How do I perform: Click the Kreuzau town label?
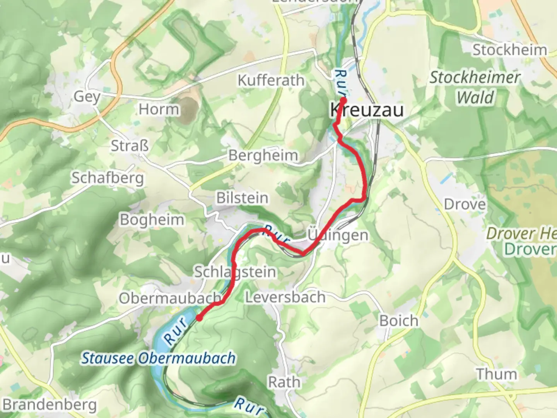pos(366,110)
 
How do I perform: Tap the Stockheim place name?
pos(509,50)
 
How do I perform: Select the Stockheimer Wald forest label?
pos(475,87)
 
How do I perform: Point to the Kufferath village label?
pos(271,81)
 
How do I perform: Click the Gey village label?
pos(87,96)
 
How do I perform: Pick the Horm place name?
pos(159,110)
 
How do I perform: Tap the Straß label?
pos(130,146)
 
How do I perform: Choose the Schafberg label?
pos(108,178)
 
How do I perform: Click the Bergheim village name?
pos(263,156)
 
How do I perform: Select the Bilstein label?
pos(242,198)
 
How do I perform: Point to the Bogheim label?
pos(152,220)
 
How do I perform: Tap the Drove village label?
pos(465,204)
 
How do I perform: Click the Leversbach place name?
pos(285,297)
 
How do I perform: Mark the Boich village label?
pos(399,321)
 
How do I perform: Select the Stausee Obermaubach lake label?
pos(158,358)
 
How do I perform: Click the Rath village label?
pos(284,382)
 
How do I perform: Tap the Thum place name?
pos(496,374)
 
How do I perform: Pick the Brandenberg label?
pos(50,405)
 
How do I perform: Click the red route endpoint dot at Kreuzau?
pos(343,100)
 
